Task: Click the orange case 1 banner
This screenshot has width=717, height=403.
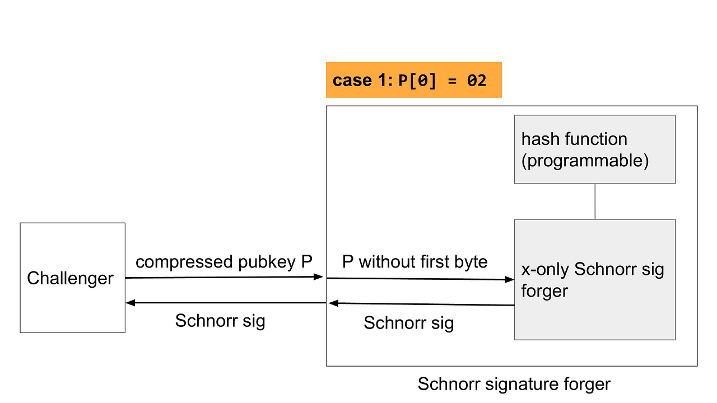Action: [413, 80]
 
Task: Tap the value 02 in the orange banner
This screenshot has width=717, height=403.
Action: [477, 81]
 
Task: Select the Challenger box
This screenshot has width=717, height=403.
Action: [72, 278]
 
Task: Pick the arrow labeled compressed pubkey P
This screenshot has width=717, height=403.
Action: [224, 277]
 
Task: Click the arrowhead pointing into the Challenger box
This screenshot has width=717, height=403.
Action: [130, 303]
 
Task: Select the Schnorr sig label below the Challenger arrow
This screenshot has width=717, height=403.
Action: [220, 321]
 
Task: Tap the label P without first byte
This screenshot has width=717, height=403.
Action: [415, 261]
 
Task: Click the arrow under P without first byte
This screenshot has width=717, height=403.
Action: [420, 279]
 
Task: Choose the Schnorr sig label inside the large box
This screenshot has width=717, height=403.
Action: [408, 323]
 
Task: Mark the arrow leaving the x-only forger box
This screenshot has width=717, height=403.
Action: [420, 304]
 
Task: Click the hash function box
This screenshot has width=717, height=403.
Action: [594, 149]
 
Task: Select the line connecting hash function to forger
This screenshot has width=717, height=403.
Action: [595, 201]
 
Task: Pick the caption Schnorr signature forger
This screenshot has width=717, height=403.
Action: [514, 384]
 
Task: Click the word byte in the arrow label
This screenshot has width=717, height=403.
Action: [468, 261]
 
